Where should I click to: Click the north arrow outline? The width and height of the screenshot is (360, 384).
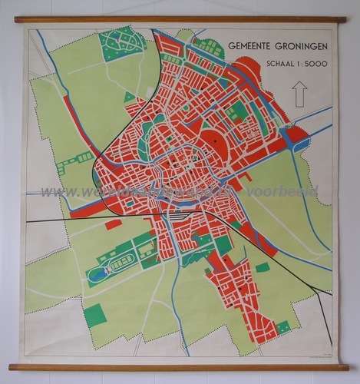pyautogui.click(x=299, y=95)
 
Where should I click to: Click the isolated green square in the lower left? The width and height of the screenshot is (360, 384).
pyautogui.click(x=94, y=314)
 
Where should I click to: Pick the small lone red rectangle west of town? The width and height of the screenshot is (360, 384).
pyautogui.click(x=114, y=224)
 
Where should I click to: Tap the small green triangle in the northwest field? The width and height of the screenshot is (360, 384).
pyautogui.click(x=129, y=97)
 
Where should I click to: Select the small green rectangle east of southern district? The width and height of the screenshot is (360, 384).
pyautogui.click(x=263, y=267)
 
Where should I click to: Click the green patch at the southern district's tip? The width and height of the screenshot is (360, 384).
pyautogui.click(x=283, y=327)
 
